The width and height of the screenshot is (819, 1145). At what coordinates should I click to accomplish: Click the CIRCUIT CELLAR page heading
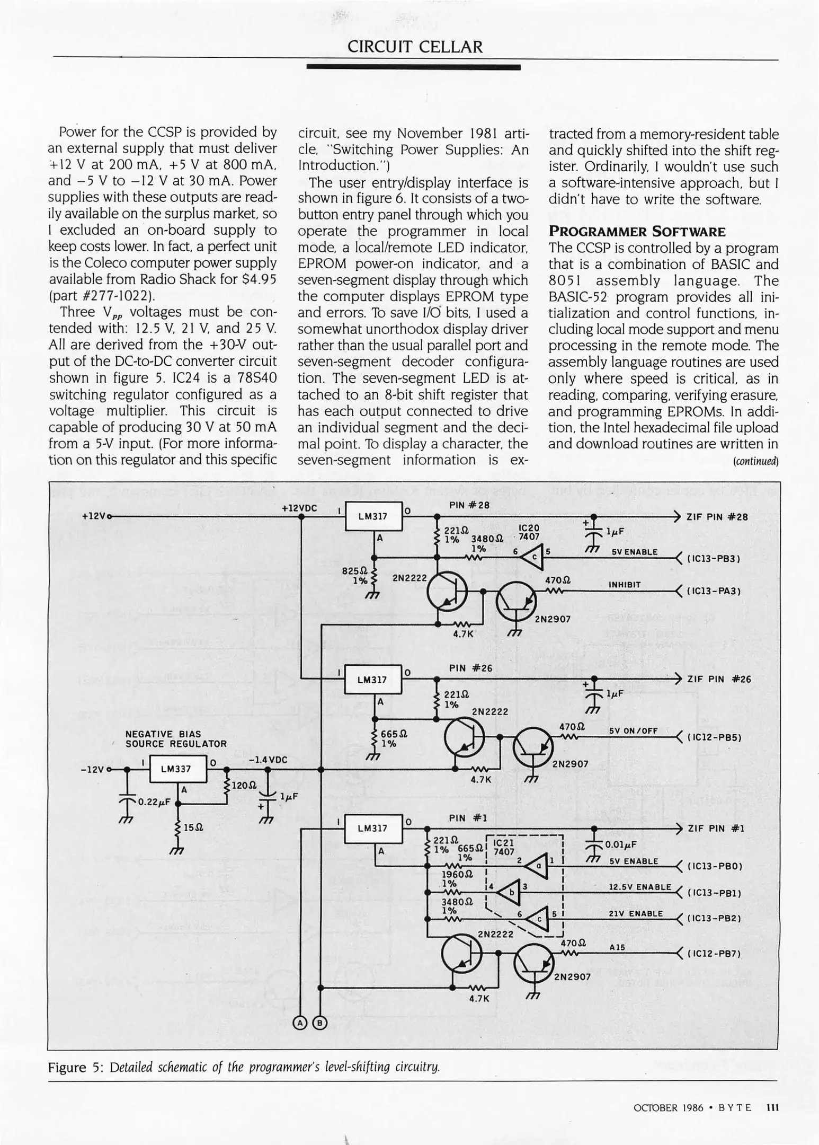(x=415, y=47)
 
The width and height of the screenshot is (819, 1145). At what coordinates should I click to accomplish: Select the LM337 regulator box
(x=177, y=769)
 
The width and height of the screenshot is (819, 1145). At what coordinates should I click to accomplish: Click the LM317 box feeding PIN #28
(x=373, y=516)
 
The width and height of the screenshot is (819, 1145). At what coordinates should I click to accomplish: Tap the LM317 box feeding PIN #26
(x=372, y=680)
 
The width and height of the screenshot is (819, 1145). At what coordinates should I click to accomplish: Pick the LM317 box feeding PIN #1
(x=372, y=828)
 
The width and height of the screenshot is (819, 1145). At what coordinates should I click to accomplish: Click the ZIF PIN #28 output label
(x=717, y=517)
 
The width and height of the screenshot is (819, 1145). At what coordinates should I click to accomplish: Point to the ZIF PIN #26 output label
(x=719, y=679)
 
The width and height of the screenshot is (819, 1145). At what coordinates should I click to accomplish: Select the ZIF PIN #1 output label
(x=716, y=829)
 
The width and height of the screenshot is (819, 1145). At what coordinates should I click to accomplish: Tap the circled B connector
(x=320, y=1023)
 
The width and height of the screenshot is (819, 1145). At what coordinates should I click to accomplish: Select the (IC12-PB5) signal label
(x=714, y=737)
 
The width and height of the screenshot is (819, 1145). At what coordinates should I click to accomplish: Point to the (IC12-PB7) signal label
(x=714, y=954)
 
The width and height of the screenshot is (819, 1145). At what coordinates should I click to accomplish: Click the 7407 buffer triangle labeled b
(x=510, y=892)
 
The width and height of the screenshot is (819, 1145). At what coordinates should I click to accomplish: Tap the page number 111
(x=772, y=1108)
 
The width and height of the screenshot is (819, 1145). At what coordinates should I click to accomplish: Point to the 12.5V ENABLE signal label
(x=639, y=887)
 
